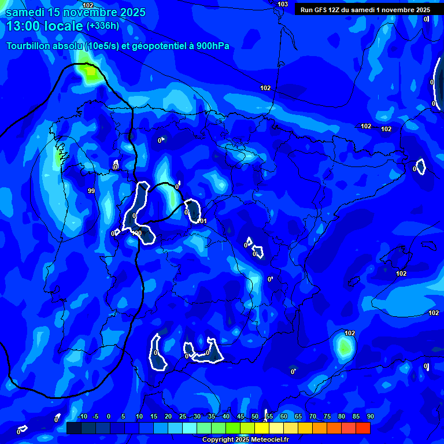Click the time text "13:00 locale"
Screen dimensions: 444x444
pos(44,26)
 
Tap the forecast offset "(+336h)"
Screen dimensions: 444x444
pos(102,26)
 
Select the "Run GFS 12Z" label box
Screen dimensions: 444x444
pos(365,10)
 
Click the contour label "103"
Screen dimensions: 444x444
pos(283,5)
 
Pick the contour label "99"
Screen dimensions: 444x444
pos(91,191)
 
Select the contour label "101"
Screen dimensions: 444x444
pos(202,221)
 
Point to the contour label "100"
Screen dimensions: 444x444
pos(137,233)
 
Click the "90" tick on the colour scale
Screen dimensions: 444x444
pos(370,416)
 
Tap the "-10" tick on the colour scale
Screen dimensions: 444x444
pos(82,416)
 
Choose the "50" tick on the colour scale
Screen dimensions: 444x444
pos(255,416)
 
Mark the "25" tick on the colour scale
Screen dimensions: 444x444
pos(183,416)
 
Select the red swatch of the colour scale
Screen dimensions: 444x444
pos(363,428)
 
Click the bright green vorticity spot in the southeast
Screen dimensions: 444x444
pos(345,347)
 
